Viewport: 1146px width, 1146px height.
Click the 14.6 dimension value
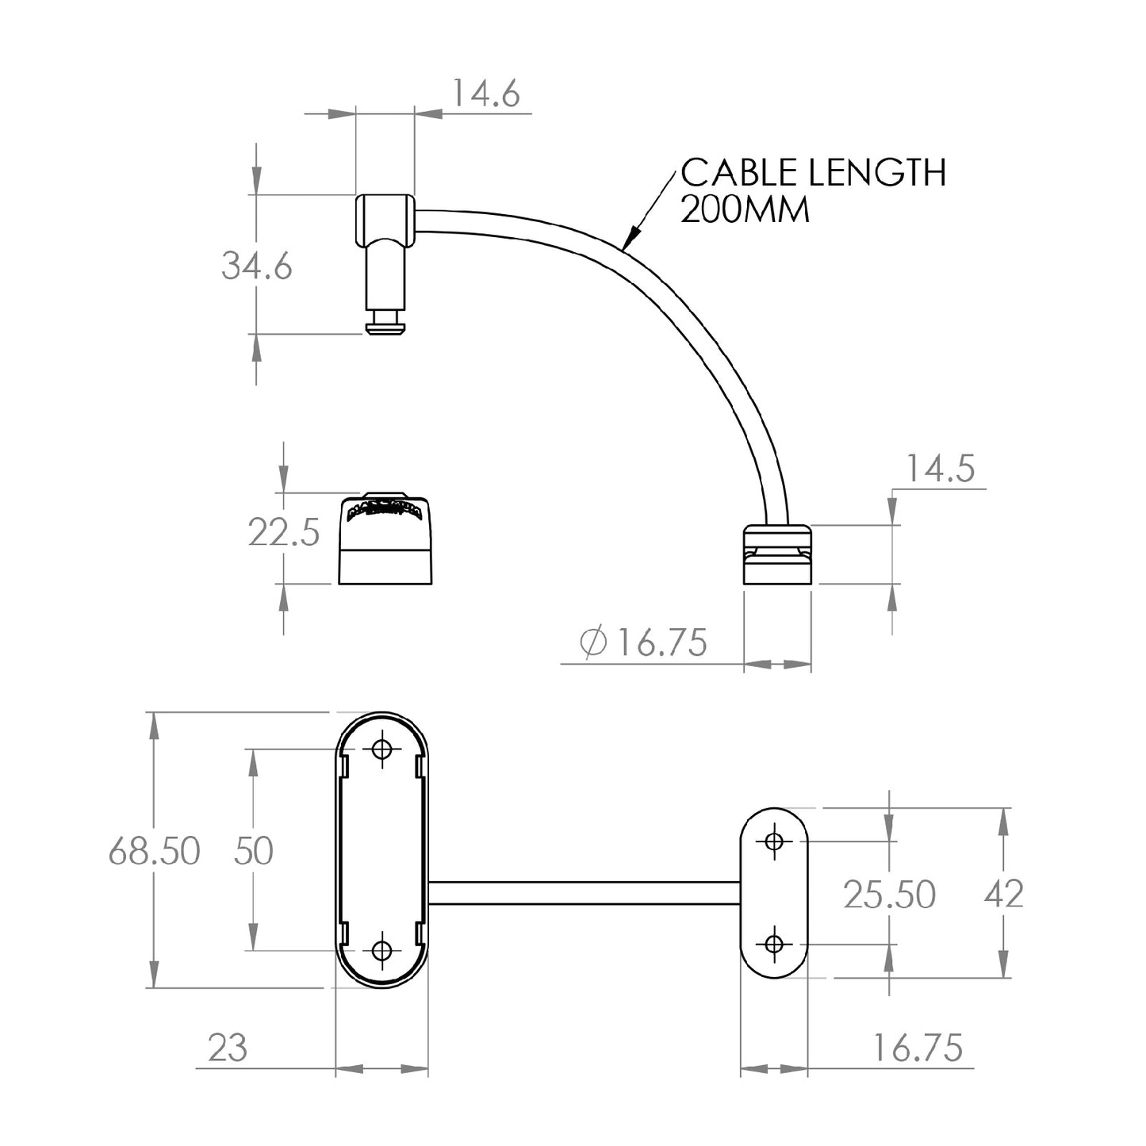(486, 94)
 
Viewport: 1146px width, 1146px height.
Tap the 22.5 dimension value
(284, 532)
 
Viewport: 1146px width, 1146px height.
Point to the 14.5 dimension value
(940, 470)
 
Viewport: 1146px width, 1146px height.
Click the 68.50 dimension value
(155, 851)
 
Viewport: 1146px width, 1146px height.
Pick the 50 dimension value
(253, 851)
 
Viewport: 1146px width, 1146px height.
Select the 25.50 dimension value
(890, 895)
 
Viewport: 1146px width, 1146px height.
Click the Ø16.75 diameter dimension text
(643, 642)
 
